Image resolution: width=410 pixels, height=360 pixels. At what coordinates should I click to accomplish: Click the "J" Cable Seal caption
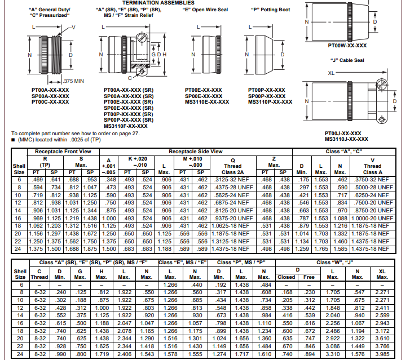pos(347,60)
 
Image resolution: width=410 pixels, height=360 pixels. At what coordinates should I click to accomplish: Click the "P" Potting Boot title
pos(271,10)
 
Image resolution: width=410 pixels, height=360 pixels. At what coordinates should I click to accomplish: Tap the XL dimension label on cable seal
pos(331,73)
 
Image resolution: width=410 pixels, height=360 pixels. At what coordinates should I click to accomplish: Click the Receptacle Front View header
pos(63,152)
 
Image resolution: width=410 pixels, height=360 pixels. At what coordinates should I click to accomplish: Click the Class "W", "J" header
pos(334,263)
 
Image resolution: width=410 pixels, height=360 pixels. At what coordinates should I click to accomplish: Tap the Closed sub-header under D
pos(286,277)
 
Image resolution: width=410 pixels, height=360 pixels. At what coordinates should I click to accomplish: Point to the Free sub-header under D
pos(308,277)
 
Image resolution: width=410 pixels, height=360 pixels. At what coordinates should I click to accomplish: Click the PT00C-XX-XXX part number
pos(50,101)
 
